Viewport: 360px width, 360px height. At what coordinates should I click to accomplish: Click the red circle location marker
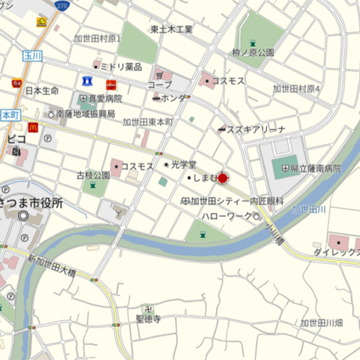[x=222, y=178]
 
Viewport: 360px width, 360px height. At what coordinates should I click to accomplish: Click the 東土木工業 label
[x=171, y=30]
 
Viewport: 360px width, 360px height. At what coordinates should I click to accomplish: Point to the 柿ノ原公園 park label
[x=253, y=53]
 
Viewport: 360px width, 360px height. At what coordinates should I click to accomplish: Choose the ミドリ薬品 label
[x=120, y=66]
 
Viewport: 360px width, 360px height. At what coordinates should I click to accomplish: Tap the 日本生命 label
[x=42, y=91]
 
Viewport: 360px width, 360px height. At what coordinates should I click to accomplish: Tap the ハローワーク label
[x=228, y=216]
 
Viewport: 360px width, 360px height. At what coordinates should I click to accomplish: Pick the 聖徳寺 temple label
[x=148, y=318]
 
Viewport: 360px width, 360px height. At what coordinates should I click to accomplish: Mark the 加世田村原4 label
[x=296, y=89]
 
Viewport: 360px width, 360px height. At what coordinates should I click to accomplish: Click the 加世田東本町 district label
[x=147, y=122]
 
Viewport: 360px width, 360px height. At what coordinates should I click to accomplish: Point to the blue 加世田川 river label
[x=309, y=209]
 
